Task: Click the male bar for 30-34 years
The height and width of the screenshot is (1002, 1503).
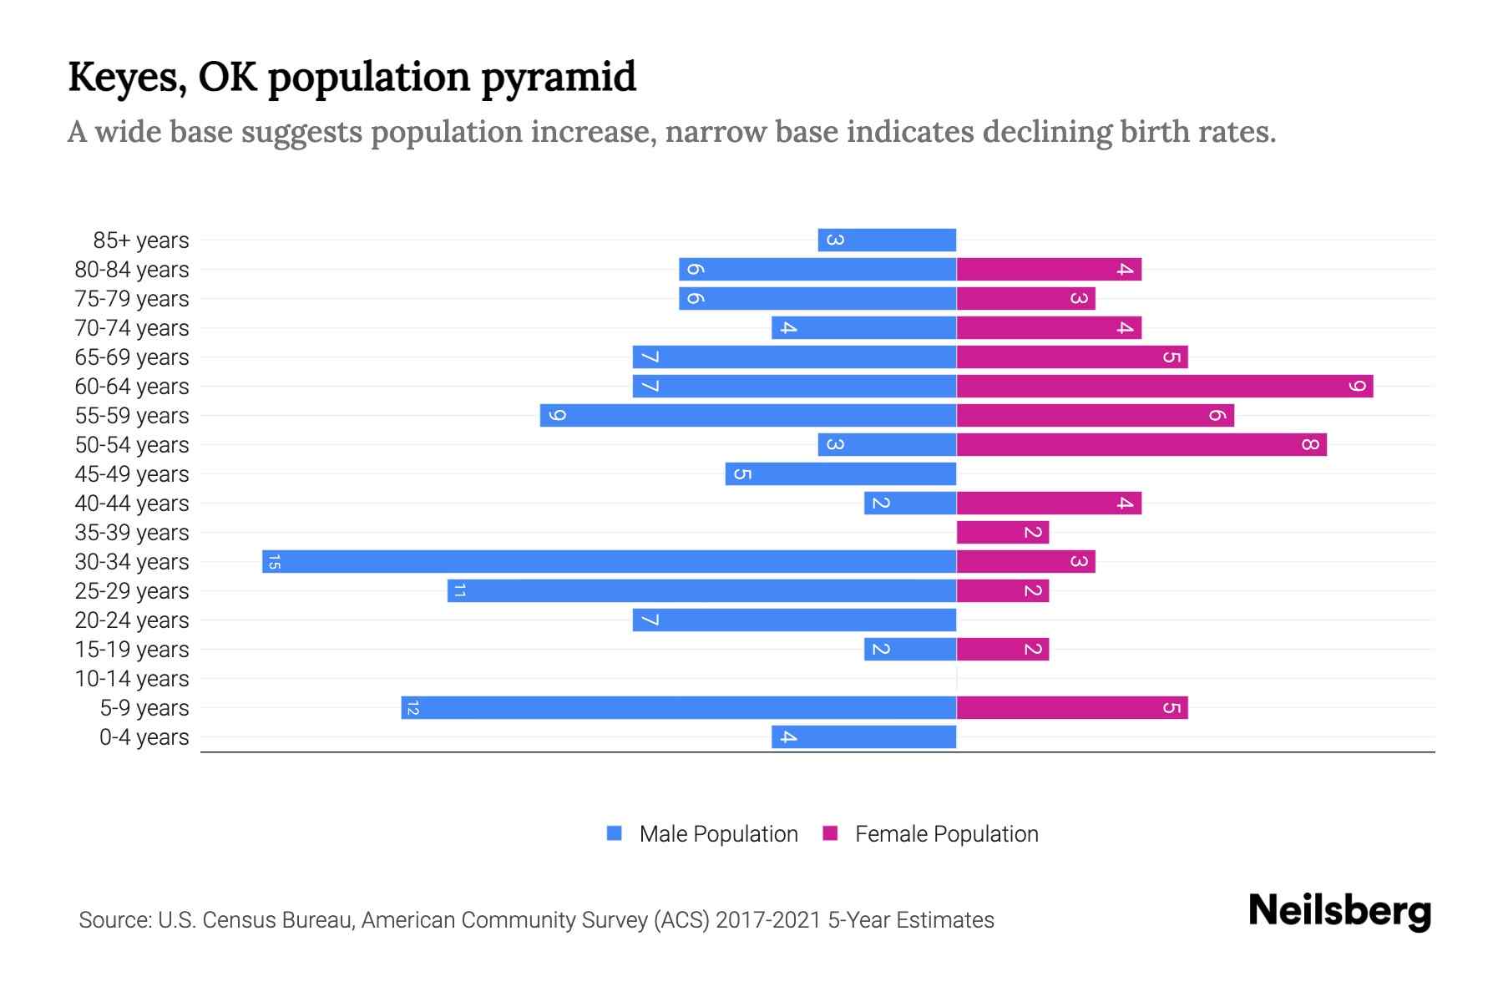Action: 610,561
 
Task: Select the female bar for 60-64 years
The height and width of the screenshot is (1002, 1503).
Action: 1164,386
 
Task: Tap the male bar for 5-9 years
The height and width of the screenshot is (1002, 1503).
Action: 678,707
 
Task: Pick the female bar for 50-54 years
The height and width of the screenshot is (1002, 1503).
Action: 1141,444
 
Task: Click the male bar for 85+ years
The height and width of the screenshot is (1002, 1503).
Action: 887,240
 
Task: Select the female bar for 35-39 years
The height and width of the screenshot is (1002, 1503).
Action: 1002,532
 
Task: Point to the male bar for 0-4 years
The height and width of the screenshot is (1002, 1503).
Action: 863,736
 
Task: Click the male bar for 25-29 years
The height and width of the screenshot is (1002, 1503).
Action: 701,590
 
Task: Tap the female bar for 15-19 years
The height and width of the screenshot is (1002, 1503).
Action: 1002,649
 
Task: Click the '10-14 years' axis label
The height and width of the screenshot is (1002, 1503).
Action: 132,679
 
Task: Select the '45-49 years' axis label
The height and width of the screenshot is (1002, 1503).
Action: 132,474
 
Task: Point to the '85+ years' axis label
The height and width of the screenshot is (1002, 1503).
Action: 141,240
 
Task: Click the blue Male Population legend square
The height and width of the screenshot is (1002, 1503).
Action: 615,833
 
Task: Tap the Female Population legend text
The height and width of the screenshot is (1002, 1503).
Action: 946,834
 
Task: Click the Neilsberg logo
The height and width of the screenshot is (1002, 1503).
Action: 1339,910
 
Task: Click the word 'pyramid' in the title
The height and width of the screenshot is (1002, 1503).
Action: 559,77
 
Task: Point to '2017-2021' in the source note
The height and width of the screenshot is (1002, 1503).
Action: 767,920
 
